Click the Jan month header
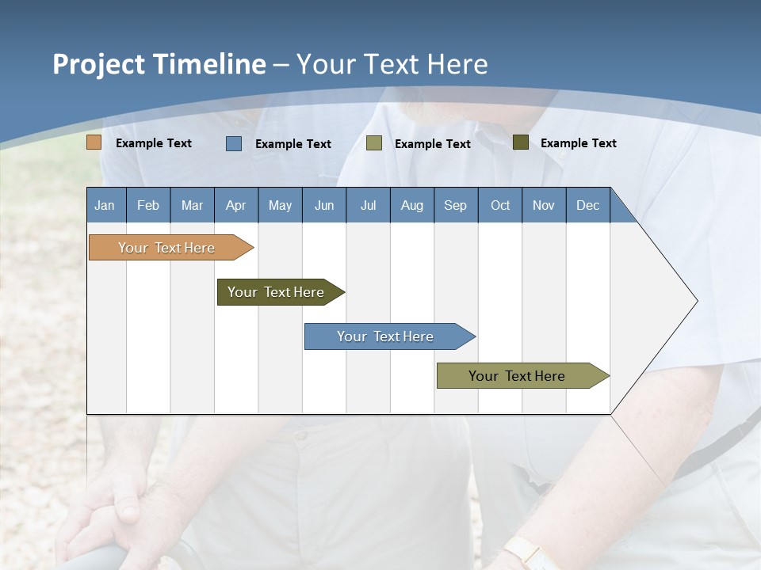click(105, 205)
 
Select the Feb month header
click(148, 205)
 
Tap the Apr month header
click(236, 205)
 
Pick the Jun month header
click(324, 205)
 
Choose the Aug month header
click(412, 205)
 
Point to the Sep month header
click(456, 205)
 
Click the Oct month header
click(500, 205)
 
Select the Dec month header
click(588, 205)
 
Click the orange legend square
click(94, 142)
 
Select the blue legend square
click(234, 143)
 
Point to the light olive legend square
click(374, 143)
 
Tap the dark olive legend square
click(521, 142)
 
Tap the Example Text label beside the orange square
click(154, 143)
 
